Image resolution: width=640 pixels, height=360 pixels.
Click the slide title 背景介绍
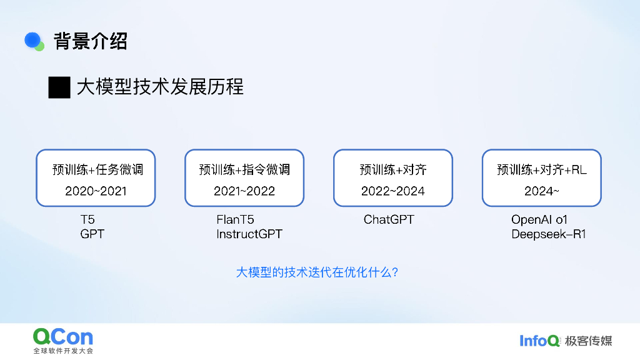(x=91, y=41)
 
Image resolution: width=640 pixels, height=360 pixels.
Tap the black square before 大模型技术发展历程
(x=59, y=87)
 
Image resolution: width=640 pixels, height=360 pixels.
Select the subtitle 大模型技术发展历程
(x=160, y=87)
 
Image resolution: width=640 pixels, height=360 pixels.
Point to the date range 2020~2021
(x=96, y=191)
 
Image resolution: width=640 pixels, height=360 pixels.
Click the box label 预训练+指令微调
(x=244, y=169)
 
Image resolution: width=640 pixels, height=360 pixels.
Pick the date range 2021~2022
(x=244, y=191)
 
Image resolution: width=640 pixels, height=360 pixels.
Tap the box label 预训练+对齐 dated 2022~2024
(x=393, y=169)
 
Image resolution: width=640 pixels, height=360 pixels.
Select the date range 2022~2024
(x=393, y=191)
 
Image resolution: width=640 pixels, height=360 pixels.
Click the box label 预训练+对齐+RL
(x=542, y=169)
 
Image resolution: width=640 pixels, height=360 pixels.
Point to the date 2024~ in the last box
(x=542, y=191)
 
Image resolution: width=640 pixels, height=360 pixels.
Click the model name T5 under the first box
(x=87, y=219)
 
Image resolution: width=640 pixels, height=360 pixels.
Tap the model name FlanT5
(x=235, y=219)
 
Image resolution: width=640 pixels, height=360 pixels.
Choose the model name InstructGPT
(x=249, y=234)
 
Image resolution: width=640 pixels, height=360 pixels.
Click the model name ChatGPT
(x=389, y=219)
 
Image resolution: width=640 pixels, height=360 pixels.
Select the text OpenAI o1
(x=539, y=219)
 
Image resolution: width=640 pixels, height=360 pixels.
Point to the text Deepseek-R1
(x=549, y=234)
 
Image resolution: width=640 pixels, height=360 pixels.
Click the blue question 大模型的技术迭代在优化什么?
(x=317, y=272)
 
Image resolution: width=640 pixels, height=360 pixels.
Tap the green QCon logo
(x=63, y=337)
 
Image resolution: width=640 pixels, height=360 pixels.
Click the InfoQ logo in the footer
(x=540, y=341)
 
